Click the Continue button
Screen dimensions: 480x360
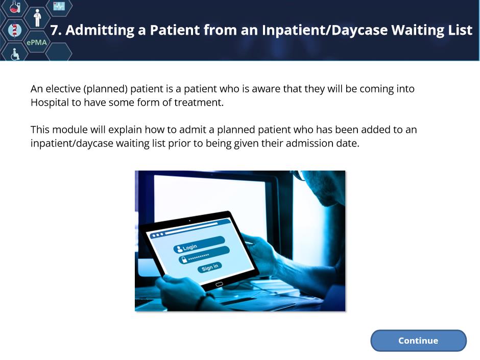click(418, 341)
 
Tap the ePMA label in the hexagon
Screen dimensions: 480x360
click(37, 42)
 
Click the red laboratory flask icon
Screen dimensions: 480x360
click(14, 7)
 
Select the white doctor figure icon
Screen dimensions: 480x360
click(37, 18)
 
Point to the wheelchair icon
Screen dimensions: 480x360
click(15, 54)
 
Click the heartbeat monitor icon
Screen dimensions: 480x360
click(59, 6)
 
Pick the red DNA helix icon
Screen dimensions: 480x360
click(14, 30)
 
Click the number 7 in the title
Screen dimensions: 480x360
click(54, 30)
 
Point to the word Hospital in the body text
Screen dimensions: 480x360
click(50, 103)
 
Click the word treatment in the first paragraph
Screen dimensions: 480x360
click(199, 102)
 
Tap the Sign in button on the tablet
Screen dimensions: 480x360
click(210, 267)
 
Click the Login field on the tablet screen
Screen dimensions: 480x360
click(199, 244)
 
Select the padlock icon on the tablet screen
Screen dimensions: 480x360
click(184, 260)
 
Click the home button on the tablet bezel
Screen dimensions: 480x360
click(219, 284)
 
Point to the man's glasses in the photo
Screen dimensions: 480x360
click(298, 175)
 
